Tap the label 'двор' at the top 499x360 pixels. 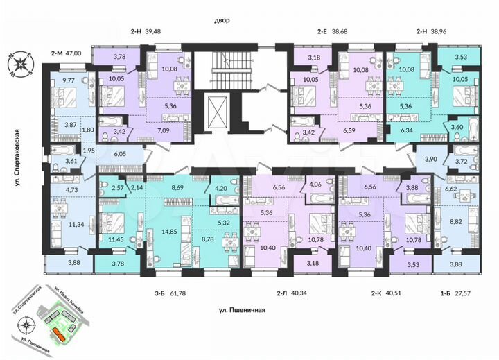pos(222,21)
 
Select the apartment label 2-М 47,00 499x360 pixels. pos(66,52)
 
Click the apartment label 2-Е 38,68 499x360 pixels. pos(335,31)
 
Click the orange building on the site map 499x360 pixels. pos(60,336)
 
